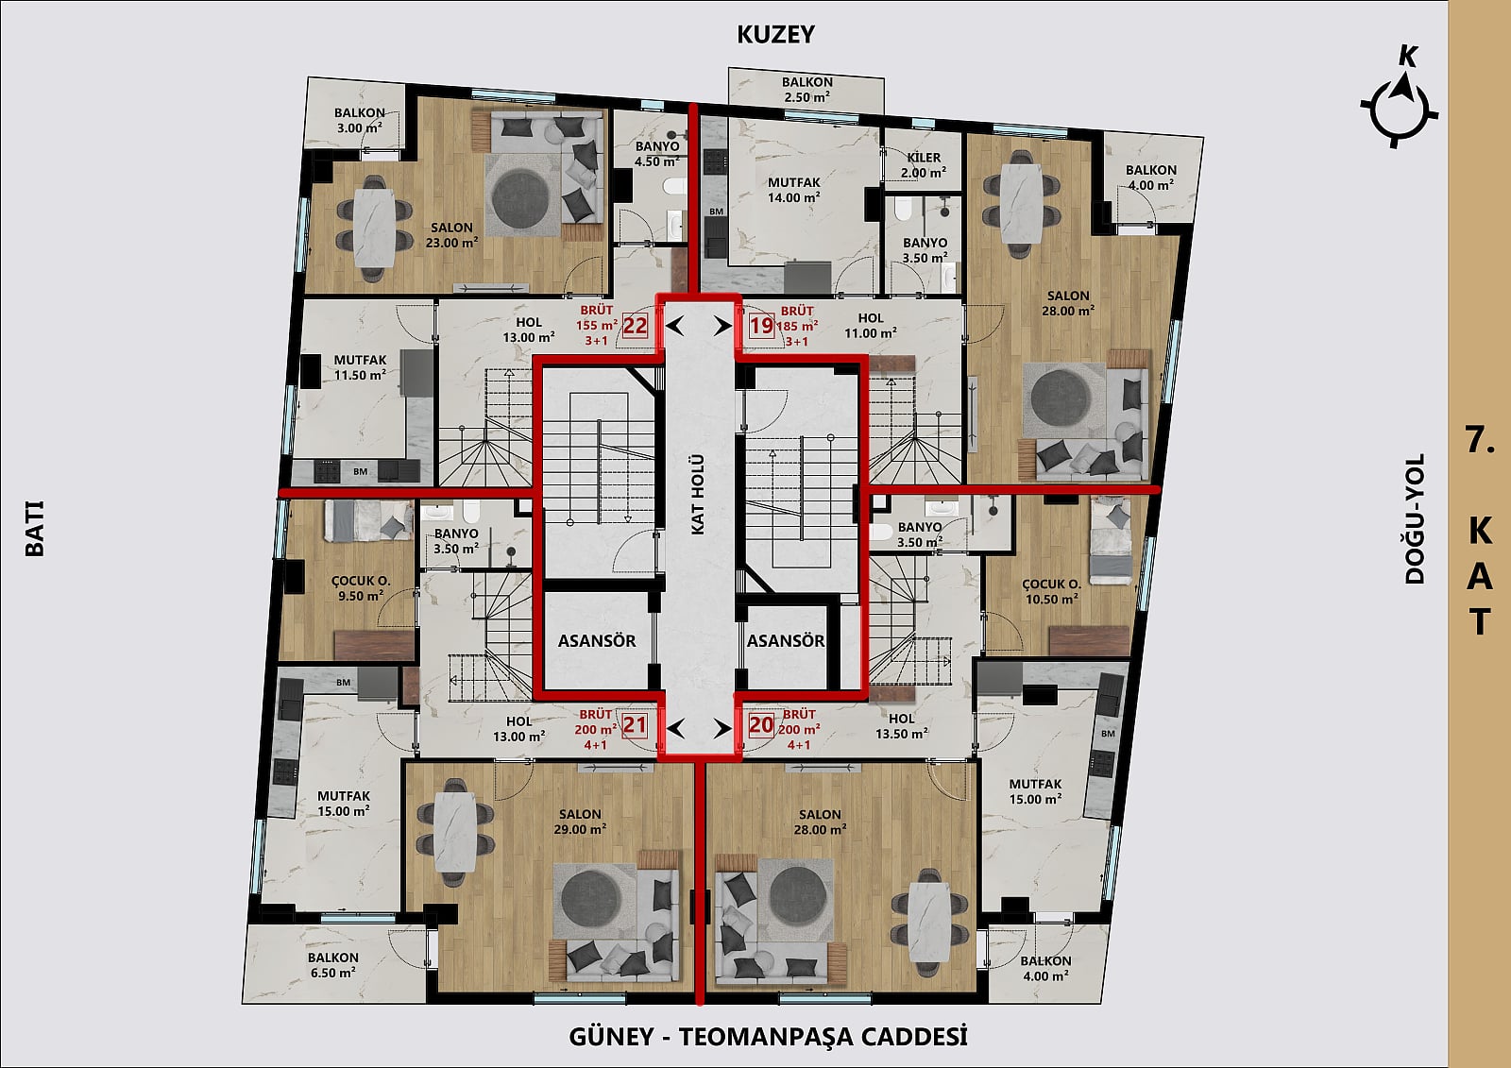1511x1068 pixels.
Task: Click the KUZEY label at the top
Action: pos(775,34)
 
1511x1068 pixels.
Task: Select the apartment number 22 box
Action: pos(635,326)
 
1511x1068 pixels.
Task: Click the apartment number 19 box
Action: pos(761,326)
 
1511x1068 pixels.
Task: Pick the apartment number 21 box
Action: pos(634,725)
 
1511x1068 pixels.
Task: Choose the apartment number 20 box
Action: pos(761,725)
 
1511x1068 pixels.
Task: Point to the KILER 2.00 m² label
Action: pos(924,165)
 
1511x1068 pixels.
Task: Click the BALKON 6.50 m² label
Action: pos(332,965)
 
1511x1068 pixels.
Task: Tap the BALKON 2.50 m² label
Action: pos(806,90)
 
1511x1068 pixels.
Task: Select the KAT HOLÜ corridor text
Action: pos(698,495)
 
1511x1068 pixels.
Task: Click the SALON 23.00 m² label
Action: pos(451,235)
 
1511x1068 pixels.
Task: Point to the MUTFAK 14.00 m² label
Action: pos(794,190)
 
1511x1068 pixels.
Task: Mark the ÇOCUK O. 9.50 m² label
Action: pos(361,588)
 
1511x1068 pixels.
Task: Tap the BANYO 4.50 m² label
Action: pos(657,154)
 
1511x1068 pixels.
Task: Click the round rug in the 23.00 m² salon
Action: pos(520,198)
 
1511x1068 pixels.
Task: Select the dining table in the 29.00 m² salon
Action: pos(454,833)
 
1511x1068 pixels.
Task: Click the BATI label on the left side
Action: pos(34,528)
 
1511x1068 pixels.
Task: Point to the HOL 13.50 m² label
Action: pos(901,726)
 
